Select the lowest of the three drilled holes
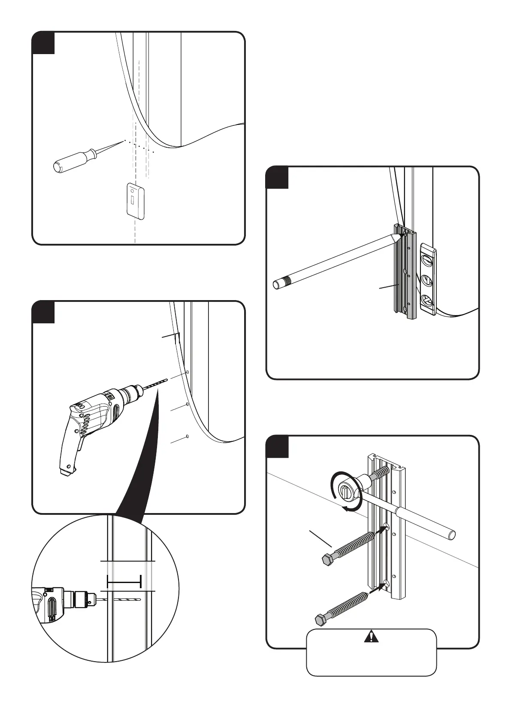point(187,437)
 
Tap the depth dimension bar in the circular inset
point(124,582)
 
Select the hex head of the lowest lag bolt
point(321,620)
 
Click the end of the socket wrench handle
point(451,535)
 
